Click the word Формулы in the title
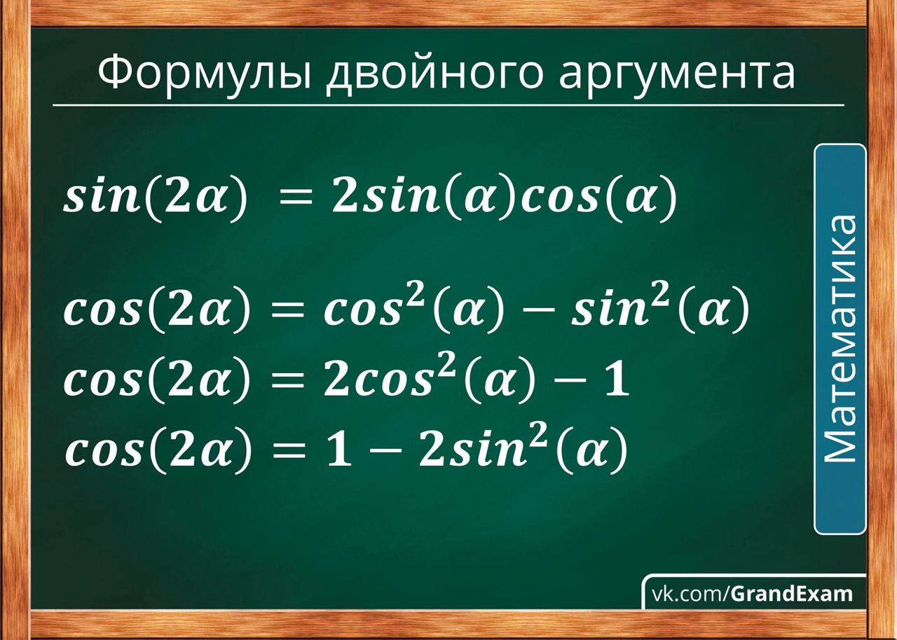point(204,74)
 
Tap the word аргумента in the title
point(677,76)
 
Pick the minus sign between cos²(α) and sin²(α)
point(533,312)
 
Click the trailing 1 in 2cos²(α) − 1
point(617,380)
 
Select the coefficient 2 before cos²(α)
point(336,380)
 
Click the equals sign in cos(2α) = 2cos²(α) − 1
point(287,383)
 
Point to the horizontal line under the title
point(448,106)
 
